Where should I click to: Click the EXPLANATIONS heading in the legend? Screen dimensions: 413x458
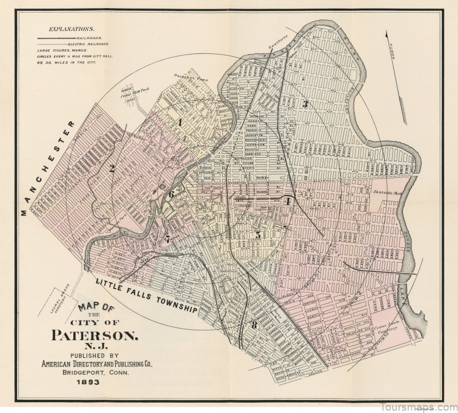tap(72, 28)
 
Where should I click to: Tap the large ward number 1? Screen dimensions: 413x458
tap(179, 122)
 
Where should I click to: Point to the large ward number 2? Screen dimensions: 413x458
tap(113, 168)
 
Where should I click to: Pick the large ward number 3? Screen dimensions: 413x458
tap(306, 104)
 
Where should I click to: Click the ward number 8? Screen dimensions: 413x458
tap(254, 326)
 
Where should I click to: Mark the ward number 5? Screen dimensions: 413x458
tap(258, 235)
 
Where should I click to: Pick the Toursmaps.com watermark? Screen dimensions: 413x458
tap(421, 406)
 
